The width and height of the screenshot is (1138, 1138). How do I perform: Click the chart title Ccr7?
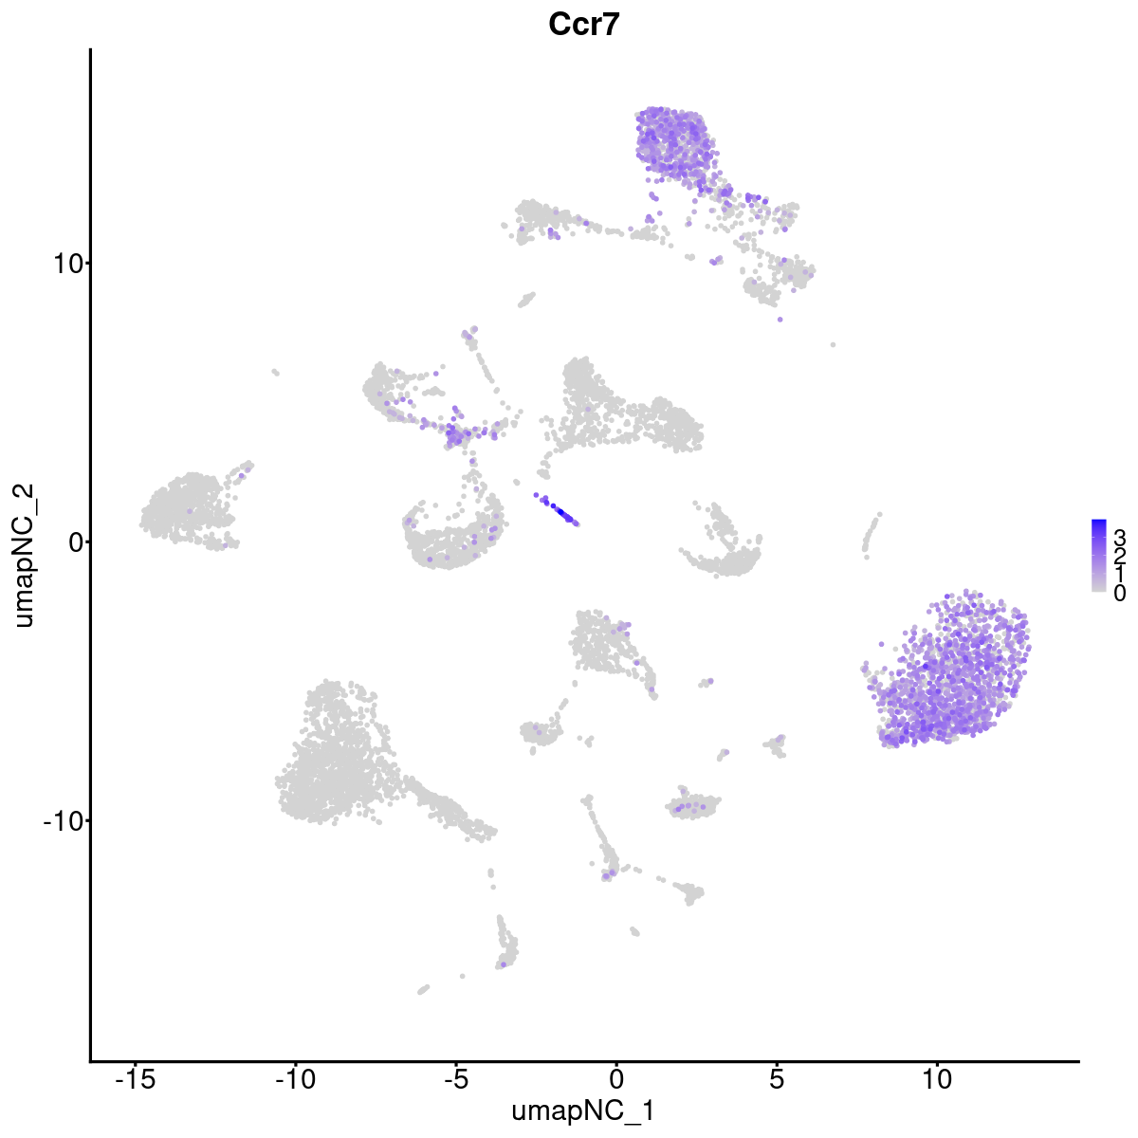point(583,25)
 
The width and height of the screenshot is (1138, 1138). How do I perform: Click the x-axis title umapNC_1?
point(582,1110)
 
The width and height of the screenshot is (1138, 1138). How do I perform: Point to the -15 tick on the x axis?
point(135,1078)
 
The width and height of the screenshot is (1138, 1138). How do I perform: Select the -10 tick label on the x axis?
point(295,1078)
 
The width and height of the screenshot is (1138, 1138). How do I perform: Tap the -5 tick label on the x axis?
point(455,1078)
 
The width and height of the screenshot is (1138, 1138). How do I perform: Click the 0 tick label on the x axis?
point(616,1078)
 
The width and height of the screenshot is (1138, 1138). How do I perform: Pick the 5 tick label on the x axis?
point(777,1078)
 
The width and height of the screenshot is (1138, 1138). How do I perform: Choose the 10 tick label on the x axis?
point(937,1078)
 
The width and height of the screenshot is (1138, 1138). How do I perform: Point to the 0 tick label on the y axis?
point(74,541)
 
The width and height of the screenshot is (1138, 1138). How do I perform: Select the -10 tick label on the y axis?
point(62,820)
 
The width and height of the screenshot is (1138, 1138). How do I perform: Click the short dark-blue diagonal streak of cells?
point(559,509)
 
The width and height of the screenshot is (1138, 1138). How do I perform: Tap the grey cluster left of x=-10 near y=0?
point(185,507)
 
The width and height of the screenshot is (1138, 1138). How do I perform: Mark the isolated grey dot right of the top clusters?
point(833,344)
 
